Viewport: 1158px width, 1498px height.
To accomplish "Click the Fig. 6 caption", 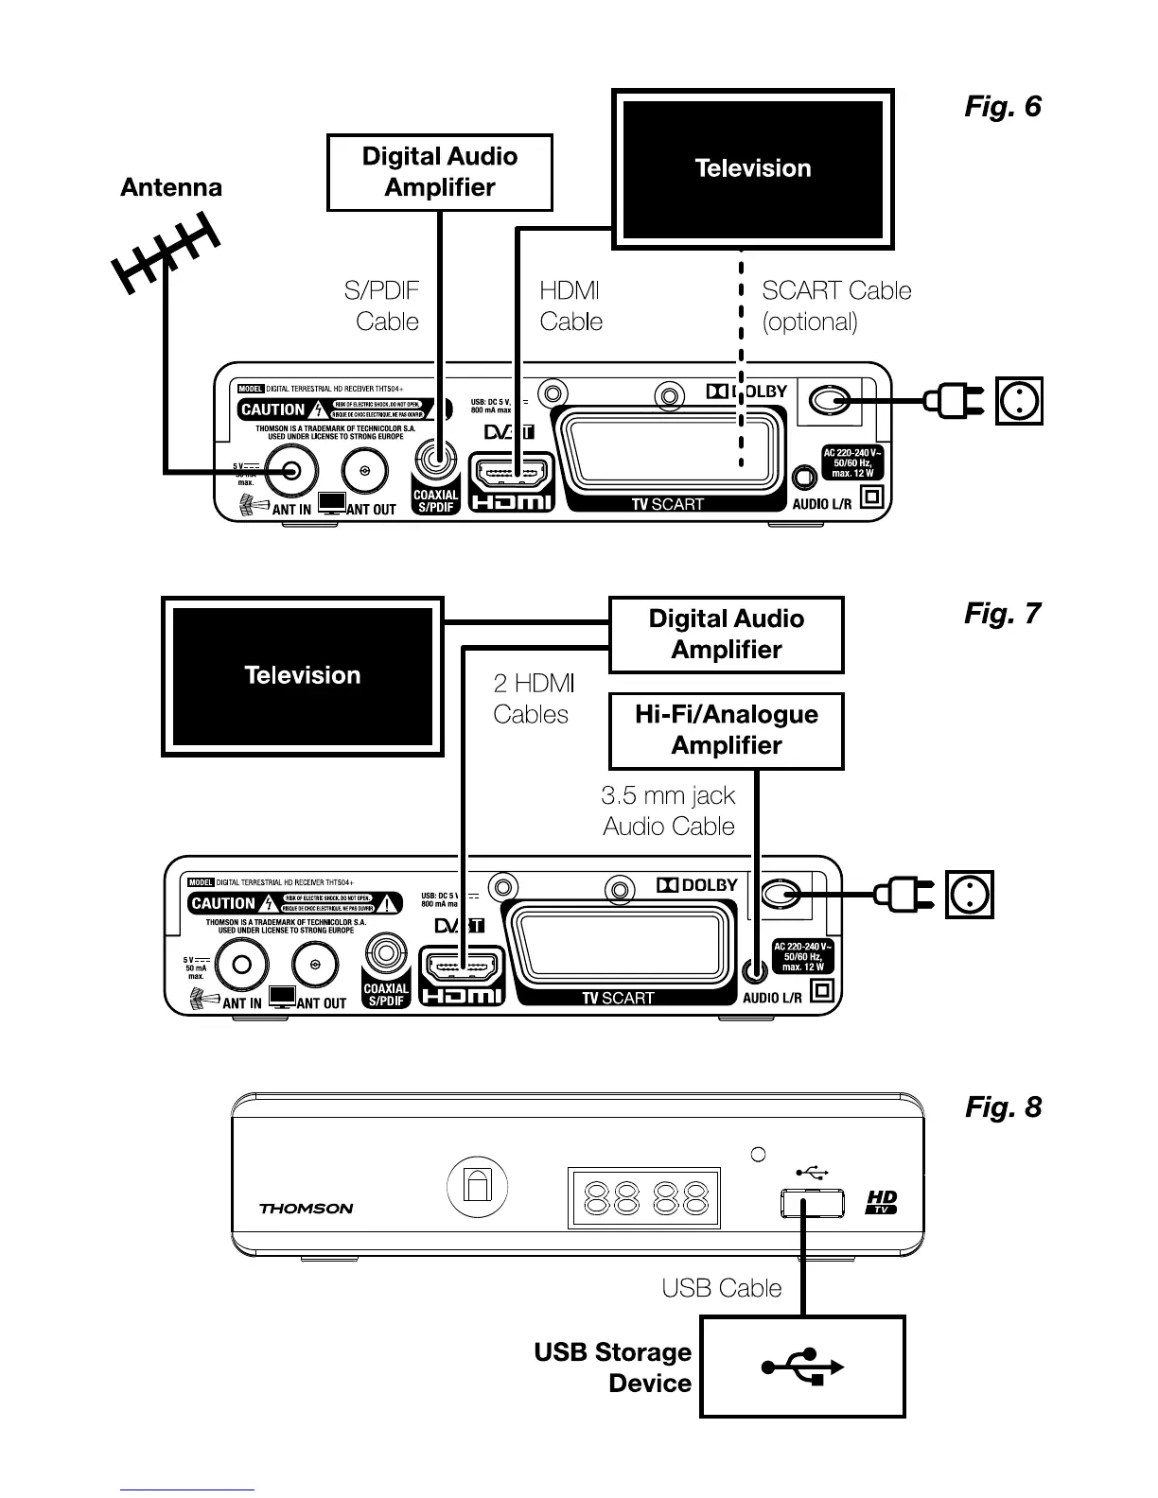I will pyautogui.click(x=1002, y=107).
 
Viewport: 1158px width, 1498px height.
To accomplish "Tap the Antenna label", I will pyautogui.click(x=171, y=187).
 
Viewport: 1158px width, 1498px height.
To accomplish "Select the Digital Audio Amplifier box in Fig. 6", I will pyautogui.click(x=440, y=172).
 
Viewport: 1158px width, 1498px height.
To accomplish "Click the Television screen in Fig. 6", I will pyautogui.click(x=753, y=169).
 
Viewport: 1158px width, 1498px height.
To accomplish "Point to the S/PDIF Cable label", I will pyautogui.click(x=382, y=306).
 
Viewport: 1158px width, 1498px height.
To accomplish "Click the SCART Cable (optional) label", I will pyautogui.click(x=836, y=306).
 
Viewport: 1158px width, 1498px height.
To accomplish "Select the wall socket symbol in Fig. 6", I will pyautogui.click(x=1020, y=402).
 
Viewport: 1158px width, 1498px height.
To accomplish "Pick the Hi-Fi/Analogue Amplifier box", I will pyautogui.click(x=727, y=730).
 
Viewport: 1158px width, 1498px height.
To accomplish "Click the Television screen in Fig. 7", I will pyautogui.click(x=303, y=676).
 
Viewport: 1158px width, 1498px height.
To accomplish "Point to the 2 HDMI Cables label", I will pyautogui.click(x=533, y=699).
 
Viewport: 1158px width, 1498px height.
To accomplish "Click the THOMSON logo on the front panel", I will pyautogui.click(x=306, y=1209).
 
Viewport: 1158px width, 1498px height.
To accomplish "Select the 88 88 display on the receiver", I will pyautogui.click(x=643, y=1199).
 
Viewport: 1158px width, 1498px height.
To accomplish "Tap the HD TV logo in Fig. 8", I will pyautogui.click(x=882, y=1203).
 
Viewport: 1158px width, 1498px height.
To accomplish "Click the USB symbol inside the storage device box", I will pyautogui.click(x=802, y=1367).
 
